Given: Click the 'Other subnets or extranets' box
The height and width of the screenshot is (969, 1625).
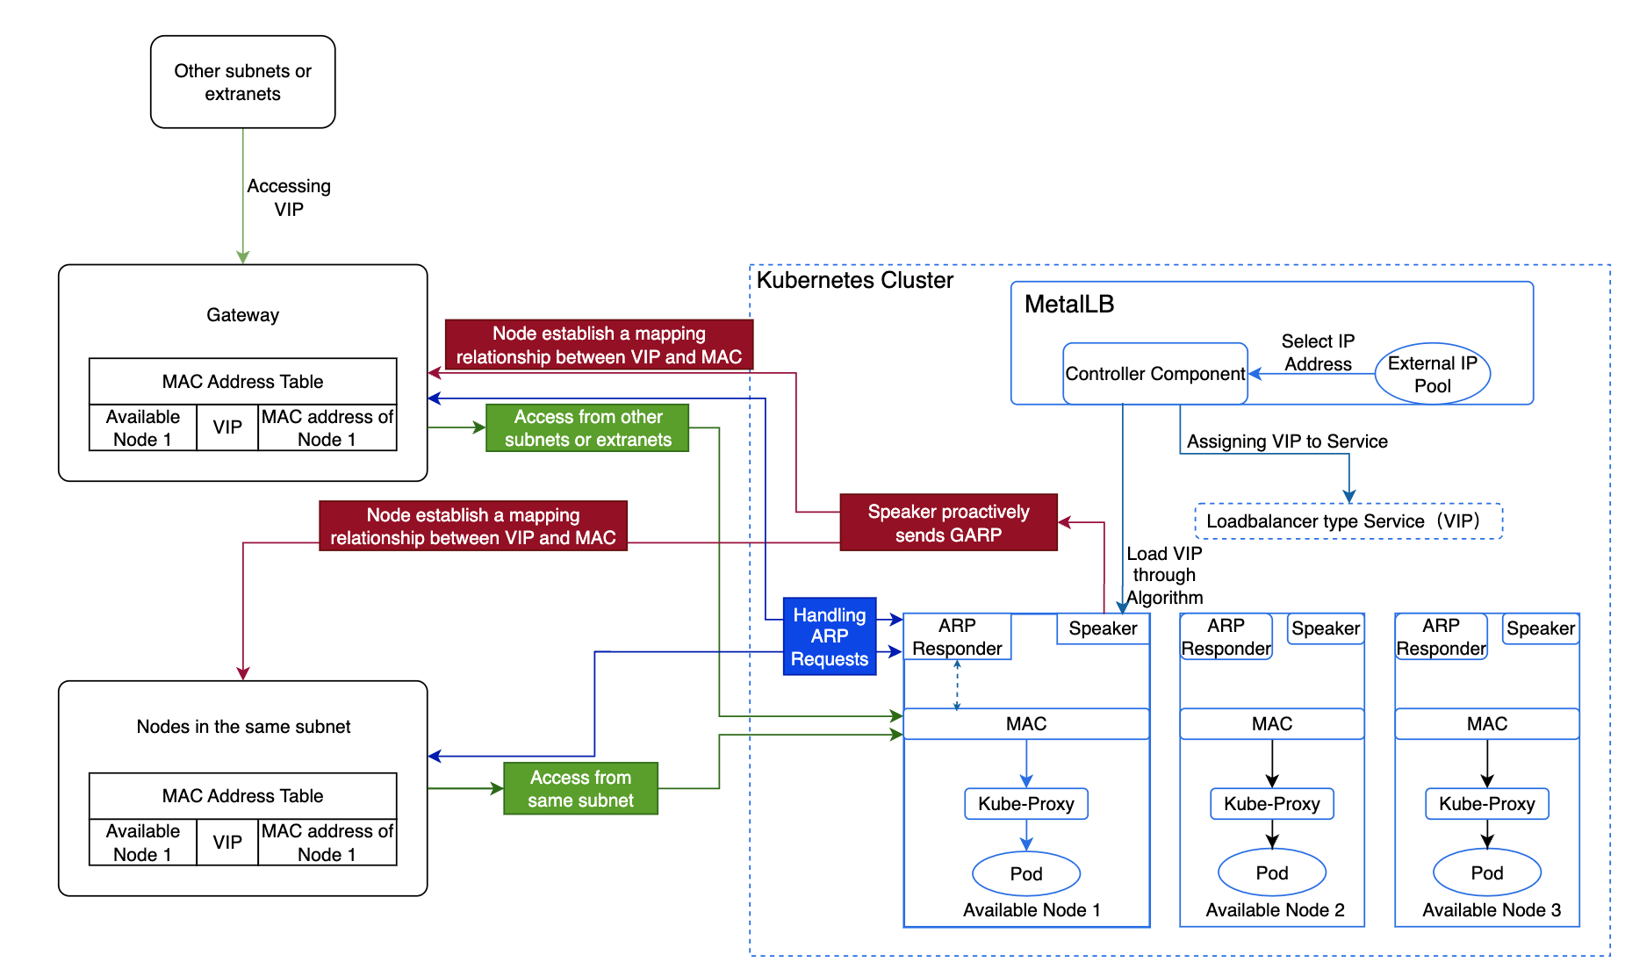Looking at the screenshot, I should tap(242, 82).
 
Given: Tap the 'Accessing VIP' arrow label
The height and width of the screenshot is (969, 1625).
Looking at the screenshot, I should tap(289, 197).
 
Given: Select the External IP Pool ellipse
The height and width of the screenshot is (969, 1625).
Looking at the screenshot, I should tap(1432, 374).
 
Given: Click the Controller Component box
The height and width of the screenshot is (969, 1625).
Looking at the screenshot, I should tap(1154, 374).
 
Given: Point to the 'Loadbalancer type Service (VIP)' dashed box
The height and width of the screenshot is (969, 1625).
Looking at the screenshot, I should tap(1348, 521).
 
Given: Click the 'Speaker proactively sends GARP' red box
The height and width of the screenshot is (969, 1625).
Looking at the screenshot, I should tap(948, 523).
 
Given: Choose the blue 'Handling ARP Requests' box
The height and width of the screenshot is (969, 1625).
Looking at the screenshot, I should tap(829, 636).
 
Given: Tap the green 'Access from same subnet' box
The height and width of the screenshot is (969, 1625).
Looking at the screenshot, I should tap(580, 788).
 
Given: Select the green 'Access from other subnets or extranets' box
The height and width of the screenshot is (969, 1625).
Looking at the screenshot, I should tap(587, 428).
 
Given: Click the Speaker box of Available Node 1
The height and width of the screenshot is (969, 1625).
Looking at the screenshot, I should tap(1103, 628).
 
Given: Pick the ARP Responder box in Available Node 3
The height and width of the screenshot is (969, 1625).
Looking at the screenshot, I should tap(1441, 637).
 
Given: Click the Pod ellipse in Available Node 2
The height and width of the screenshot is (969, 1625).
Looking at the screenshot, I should tap(1271, 872).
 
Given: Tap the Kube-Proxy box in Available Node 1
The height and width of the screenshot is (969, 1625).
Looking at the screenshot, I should tap(1025, 804).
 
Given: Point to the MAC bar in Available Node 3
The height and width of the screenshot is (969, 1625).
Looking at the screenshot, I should tap(1486, 724).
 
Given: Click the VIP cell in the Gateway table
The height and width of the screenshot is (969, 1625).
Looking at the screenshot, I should tap(227, 427).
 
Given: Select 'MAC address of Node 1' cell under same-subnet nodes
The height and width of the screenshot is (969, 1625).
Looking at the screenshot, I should tap(327, 843).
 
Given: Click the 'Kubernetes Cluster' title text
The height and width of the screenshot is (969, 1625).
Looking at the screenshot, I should tap(854, 281).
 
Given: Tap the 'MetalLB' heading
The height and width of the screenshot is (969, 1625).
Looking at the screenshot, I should tap(1068, 305).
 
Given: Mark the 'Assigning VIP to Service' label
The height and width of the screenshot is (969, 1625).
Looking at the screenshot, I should tap(1287, 441).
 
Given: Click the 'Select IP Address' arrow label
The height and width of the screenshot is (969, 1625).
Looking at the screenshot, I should tap(1318, 353).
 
